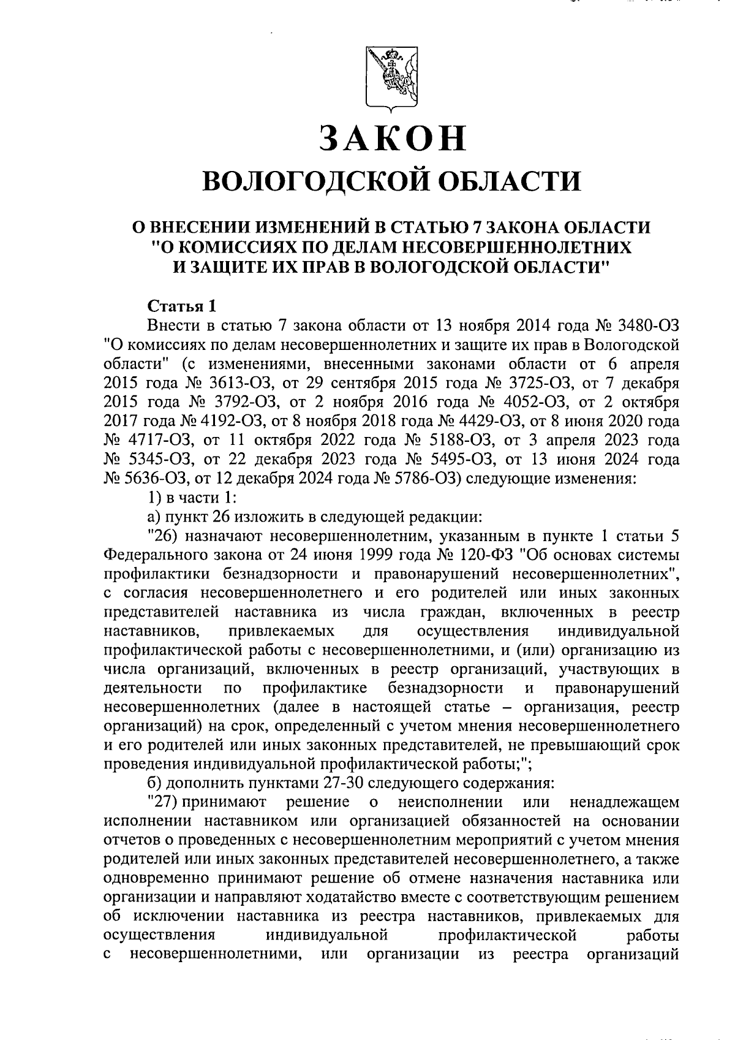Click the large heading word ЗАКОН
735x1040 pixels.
pyautogui.click(x=393, y=139)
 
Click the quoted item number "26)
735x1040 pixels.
pyautogui.click(x=164, y=536)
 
